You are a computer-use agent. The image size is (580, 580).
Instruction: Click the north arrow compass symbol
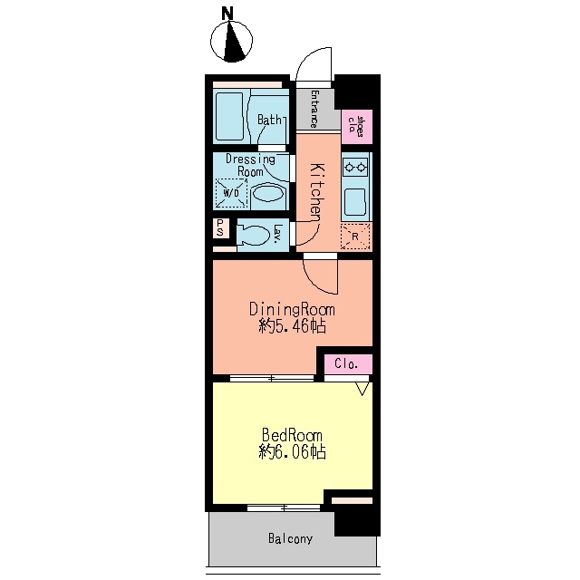[x=232, y=41]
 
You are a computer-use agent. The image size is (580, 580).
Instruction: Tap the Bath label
[x=269, y=120]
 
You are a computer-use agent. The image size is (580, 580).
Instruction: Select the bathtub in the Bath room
[x=229, y=117]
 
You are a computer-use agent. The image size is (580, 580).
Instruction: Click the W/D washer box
[x=231, y=193]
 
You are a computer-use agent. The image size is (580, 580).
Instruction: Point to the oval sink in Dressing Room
[x=269, y=193]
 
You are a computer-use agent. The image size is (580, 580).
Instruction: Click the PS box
[x=220, y=227]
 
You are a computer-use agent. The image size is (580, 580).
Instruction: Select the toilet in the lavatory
[x=254, y=235]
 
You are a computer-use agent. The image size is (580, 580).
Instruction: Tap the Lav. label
[x=277, y=234]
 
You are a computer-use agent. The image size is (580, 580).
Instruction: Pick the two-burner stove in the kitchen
[x=355, y=169]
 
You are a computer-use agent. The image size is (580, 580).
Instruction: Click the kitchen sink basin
[x=355, y=202]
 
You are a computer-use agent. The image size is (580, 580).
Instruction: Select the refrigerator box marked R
[x=355, y=237]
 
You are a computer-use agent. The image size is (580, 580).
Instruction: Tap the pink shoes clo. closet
[x=356, y=127]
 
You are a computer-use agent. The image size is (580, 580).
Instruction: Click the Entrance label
[x=314, y=109]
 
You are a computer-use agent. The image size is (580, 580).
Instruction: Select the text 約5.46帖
[x=292, y=326]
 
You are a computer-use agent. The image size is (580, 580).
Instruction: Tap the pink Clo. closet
[x=348, y=364]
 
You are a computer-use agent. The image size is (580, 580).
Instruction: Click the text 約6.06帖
[x=292, y=452]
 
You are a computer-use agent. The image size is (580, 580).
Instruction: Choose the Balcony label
[x=290, y=538]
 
